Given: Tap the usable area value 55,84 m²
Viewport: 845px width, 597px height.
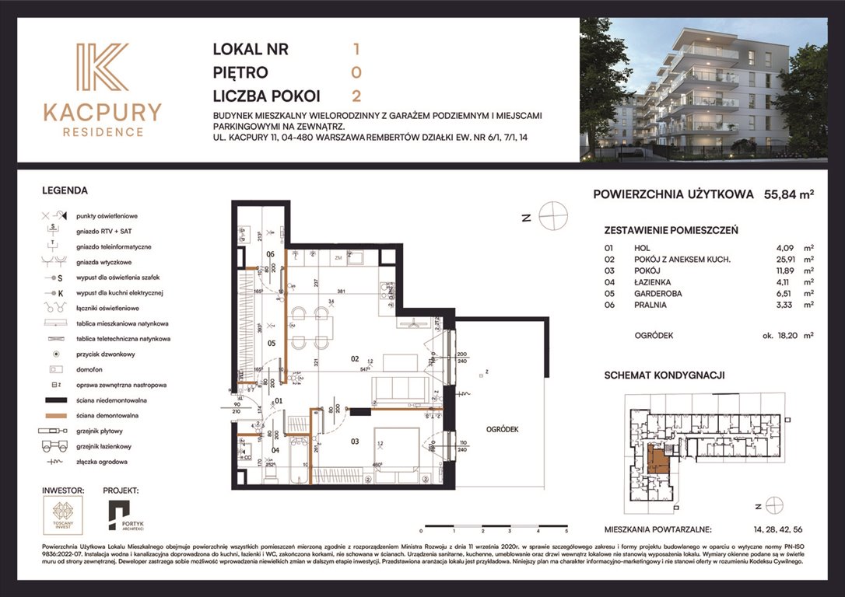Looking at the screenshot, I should point(788,195).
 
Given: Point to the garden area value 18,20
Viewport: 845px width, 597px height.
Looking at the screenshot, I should point(780,336).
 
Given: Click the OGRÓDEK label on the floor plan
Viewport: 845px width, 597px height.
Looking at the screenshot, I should point(502,429).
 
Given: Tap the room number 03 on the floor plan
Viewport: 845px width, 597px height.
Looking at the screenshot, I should point(354,442).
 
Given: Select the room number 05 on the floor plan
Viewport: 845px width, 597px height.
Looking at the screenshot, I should point(272,342).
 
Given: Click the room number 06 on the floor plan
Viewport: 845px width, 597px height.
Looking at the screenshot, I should point(271,254).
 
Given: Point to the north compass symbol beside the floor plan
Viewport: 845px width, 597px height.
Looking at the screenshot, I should point(553,215).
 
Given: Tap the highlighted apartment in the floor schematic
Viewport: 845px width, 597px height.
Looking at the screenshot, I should point(658,460).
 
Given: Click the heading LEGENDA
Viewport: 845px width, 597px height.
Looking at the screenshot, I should point(65,190).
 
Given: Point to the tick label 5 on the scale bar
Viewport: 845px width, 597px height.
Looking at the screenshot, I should point(566,530).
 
